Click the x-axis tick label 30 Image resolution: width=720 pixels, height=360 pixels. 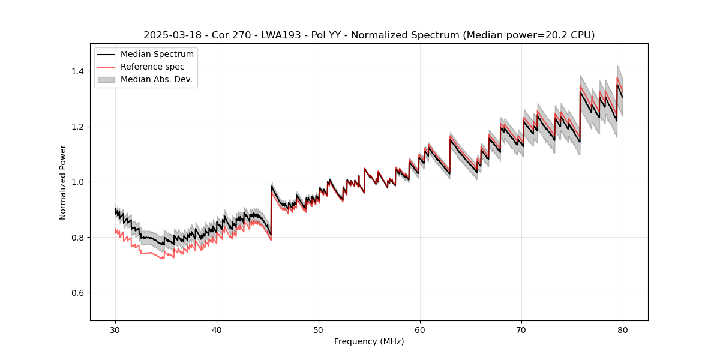115,330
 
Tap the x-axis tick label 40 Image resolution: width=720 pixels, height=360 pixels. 217,330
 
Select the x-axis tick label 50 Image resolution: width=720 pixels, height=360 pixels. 319,330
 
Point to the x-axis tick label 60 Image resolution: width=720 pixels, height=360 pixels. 420,330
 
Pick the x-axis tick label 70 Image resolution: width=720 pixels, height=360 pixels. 521,330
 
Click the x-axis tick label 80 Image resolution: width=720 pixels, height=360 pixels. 623,330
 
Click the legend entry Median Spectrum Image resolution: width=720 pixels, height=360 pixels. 157,55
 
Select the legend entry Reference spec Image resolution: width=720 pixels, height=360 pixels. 152,67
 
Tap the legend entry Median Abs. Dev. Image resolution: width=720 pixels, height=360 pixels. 156,79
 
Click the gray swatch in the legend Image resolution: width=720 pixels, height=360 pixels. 107,79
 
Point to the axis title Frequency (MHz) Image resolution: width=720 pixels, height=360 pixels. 369,341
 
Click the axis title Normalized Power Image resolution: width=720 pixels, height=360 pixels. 63,182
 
